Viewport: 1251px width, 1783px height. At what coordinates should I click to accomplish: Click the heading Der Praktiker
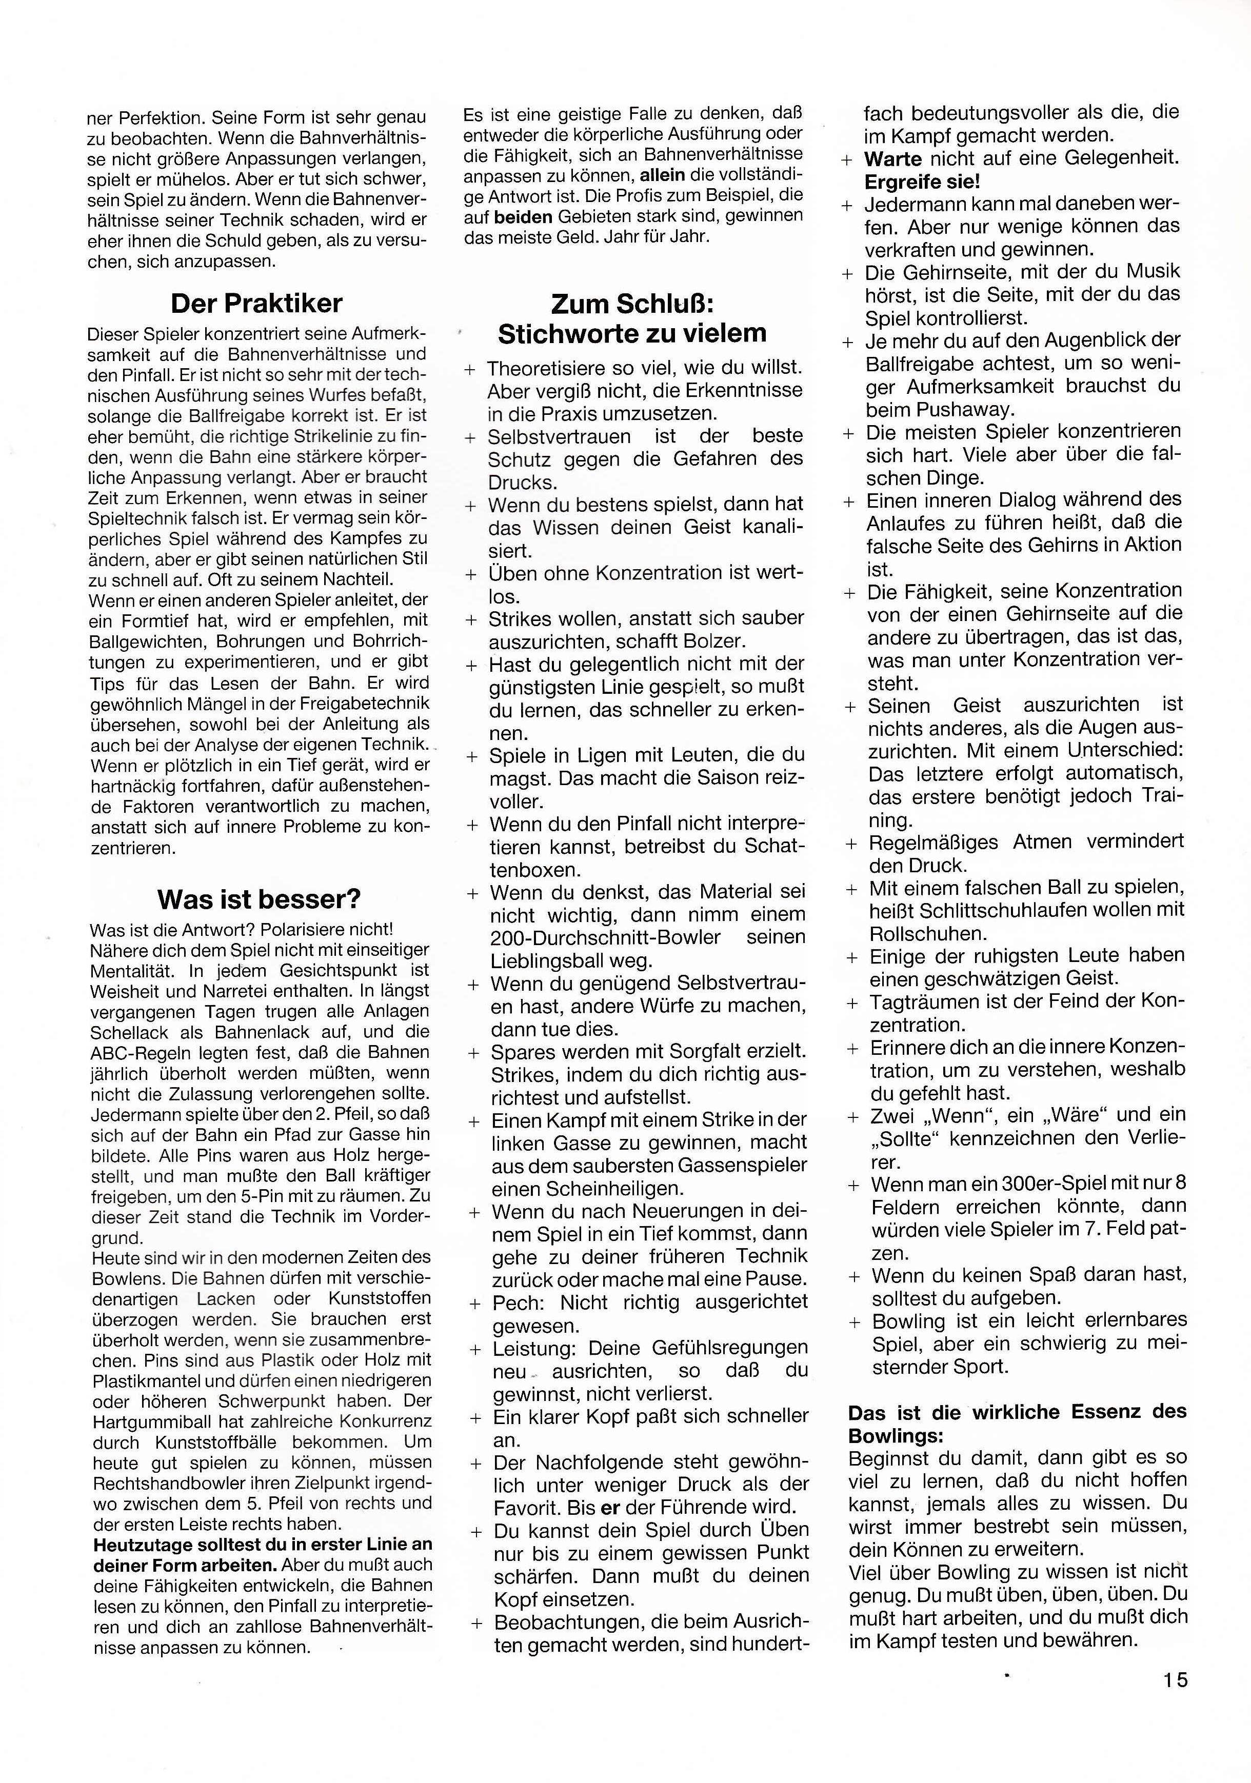(x=256, y=303)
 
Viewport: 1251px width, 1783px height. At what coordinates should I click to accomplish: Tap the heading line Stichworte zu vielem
(x=631, y=333)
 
